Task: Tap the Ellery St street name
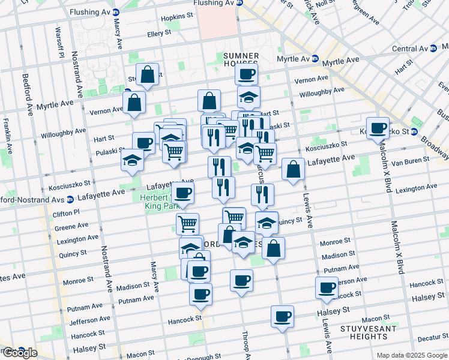(159, 34)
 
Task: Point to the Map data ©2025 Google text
(412, 355)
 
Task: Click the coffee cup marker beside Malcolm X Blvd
(378, 128)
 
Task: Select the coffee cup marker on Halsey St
(282, 316)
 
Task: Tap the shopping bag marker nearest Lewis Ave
(292, 170)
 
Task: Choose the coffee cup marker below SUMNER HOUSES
(245, 75)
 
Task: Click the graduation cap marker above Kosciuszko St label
(132, 160)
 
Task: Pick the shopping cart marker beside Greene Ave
(187, 224)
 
